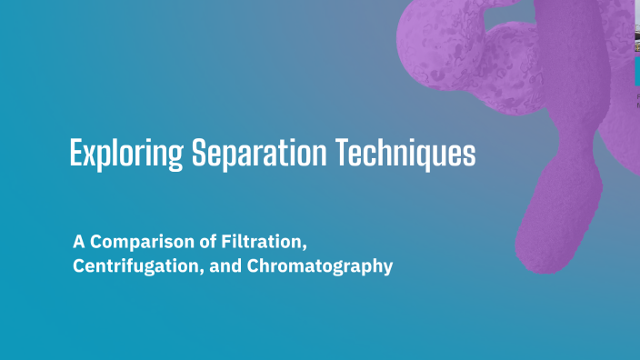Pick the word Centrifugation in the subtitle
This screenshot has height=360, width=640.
pos(126,268)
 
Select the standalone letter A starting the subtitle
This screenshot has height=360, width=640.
pos(78,244)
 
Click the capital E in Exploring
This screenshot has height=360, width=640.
pos(75,153)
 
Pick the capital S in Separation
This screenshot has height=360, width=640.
pos(199,153)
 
